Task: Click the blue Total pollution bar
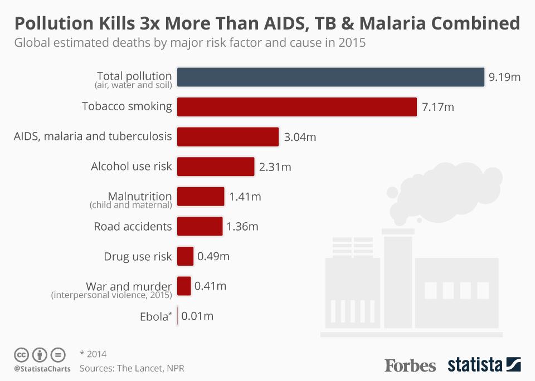click(x=330, y=77)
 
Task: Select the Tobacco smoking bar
click(x=296, y=106)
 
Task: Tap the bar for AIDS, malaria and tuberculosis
click(x=227, y=136)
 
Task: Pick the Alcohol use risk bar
click(x=216, y=166)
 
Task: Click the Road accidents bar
click(x=200, y=226)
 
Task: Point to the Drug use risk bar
click(x=186, y=256)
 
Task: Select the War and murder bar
click(x=184, y=286)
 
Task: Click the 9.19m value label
click(x=504, y=77)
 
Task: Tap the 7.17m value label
click(x=438, y=107)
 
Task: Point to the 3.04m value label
click(x=300, y=137)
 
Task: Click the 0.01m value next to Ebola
click(x=197, y=316)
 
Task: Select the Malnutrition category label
click(x=139, y=196)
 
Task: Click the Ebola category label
click(x=154, y=317)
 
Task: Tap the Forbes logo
click(x=410, y=365)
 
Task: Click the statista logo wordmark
click(x=475, y=365)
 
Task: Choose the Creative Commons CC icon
click(x=21, y=354)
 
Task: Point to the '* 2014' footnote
click(x=93, y=354)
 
